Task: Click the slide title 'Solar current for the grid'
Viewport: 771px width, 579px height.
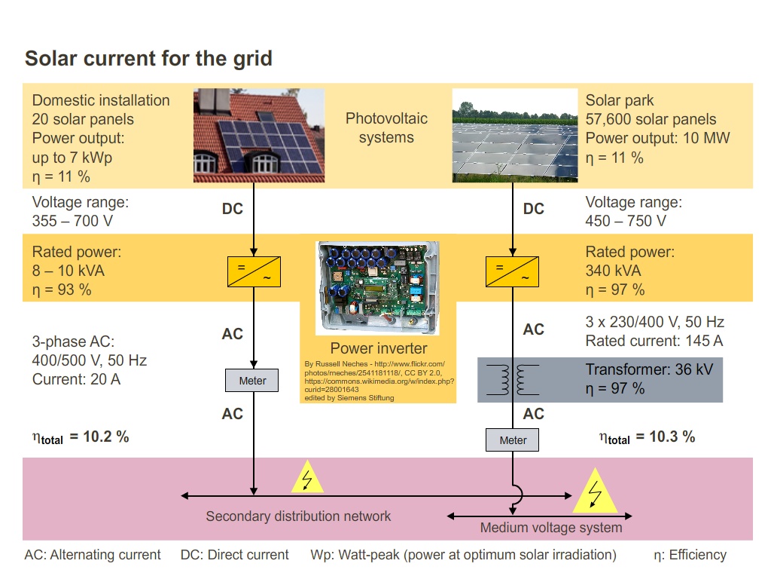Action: [148, 58]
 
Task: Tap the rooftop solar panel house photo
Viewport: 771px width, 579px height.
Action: [259, 135]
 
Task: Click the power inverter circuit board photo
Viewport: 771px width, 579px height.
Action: [378, 288]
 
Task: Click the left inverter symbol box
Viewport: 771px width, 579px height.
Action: [254, 271]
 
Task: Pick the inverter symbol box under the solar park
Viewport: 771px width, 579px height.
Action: [513, 271]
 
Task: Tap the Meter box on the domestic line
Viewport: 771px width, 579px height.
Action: [252, 381]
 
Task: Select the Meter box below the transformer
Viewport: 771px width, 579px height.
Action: [513, 440]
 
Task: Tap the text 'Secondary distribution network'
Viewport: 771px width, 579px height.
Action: [298, 516]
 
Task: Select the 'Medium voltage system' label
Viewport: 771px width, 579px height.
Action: [551, 528]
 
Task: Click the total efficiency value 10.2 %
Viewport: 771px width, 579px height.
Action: [99, 437]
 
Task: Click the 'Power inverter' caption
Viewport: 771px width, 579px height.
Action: [378, 348]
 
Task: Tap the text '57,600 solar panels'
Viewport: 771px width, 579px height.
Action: [651, 119]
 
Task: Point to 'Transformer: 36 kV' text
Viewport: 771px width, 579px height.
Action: [649, 369]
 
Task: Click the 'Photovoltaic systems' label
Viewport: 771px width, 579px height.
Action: [386, 128]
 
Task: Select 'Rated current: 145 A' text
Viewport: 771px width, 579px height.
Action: [654, 341]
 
